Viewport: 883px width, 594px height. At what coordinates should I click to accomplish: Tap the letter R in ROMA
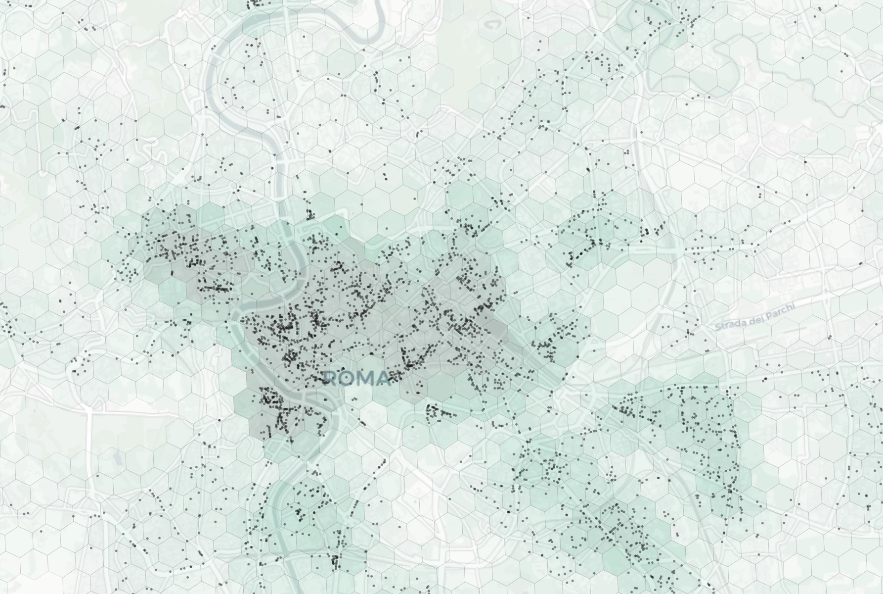pyautogui.click(x=331, y=379)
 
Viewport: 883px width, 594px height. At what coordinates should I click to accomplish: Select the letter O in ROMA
pyautogui.click(x=347, y=379)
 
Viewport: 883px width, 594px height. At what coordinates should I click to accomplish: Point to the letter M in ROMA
pyautogui.click(x=365, y=379)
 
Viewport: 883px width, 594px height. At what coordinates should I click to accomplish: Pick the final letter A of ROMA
pyautogui.click(x=381, y=379)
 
